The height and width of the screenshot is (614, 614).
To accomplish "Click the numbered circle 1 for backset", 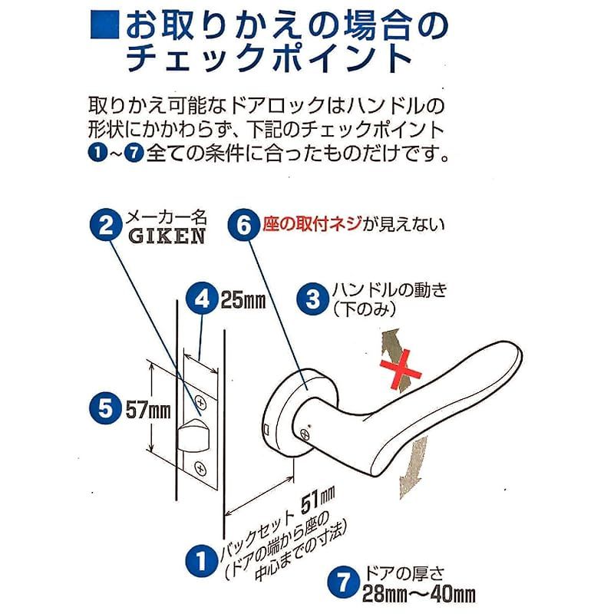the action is (201, 561).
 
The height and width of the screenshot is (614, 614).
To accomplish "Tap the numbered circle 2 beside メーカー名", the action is (106, 225).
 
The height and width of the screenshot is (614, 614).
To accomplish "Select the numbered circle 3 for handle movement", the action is (312, 300).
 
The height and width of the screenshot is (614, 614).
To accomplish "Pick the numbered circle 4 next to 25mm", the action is (202, 299).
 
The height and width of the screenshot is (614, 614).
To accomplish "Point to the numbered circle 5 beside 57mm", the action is (105, 409).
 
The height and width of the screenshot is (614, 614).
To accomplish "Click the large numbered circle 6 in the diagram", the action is (243, 225).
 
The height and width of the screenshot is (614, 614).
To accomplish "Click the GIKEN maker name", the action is (167, 236).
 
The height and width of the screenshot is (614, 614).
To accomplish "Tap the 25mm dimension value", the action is (243, 300).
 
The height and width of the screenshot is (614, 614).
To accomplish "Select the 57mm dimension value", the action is (148, 410).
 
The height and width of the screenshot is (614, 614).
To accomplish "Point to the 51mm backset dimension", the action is (318, 500).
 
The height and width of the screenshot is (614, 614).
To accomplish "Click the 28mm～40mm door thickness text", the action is (419, 593).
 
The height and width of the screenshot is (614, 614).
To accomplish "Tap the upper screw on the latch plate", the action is (201, 402).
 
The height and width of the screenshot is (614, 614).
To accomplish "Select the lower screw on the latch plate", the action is (200, 468).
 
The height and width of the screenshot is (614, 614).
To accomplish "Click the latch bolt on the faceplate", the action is (193, 435).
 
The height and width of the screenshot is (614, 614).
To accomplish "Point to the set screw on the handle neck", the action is (305, 434).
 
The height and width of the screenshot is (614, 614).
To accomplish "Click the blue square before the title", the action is (105, 25).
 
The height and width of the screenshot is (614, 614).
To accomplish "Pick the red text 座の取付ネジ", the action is (312, 224).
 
